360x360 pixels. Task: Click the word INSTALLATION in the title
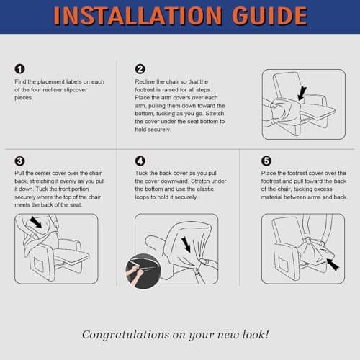point(138,16)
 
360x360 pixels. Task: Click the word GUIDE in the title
point(269,16)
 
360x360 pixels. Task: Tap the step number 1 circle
point(19,69)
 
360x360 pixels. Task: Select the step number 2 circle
point(140,69)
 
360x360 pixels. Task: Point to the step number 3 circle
point(19,161)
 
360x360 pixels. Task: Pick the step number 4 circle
point(140,161)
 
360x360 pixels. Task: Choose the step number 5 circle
point(266,161)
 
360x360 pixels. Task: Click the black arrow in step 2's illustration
point(302,94)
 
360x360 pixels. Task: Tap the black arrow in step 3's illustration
point(35,222)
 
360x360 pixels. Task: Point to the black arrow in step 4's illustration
point(186,245)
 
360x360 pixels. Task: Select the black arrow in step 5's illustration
point(333,264)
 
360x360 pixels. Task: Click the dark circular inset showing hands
point(143,271)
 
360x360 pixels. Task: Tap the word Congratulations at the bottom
point(126,335)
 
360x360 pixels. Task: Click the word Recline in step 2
point(145,81)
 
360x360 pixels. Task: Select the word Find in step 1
point(20,81)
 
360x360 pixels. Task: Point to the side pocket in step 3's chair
point(39,265)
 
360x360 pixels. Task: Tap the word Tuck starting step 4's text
point(141,173)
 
